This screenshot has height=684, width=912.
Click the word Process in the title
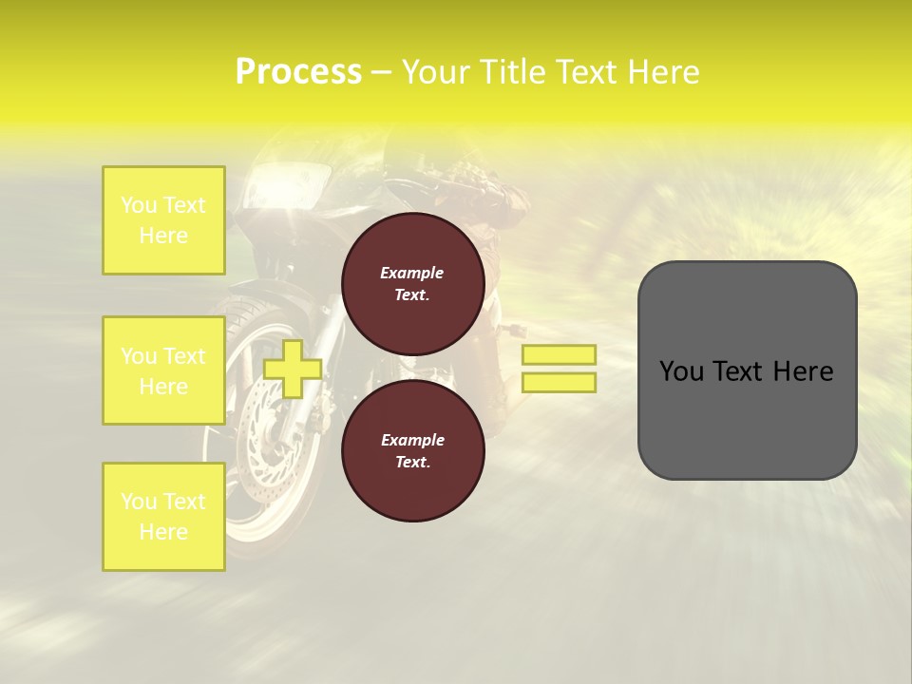[298, 72]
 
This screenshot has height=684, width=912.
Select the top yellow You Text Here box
[163, 220]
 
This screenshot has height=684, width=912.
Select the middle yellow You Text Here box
[163, 370]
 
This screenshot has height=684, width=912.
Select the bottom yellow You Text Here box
[163, 517]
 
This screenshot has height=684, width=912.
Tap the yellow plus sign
[293, 369]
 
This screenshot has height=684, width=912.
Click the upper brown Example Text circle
[412, 283]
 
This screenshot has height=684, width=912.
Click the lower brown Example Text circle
[412, 450]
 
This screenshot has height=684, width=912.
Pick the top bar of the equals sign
[559, 354]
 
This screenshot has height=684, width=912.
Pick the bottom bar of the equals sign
[559, 382]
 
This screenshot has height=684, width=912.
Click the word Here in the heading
[659, 72]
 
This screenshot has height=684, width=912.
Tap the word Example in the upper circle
[412, 273]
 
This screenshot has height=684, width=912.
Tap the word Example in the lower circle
[412, 440]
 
